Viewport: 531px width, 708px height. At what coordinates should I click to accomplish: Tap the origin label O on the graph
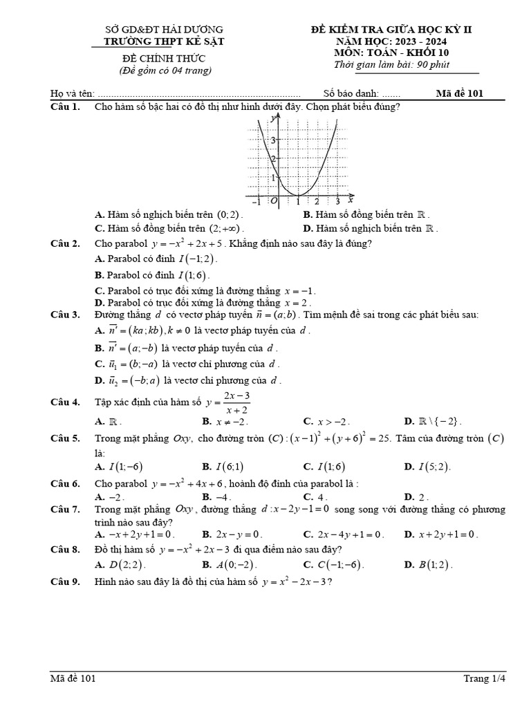274,201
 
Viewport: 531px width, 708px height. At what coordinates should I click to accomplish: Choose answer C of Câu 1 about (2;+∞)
169,228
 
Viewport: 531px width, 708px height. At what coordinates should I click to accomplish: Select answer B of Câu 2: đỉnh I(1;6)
151,274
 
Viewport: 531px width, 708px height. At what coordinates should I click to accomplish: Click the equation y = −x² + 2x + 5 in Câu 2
187,243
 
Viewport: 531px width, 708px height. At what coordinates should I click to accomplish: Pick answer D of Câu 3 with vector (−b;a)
187,380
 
